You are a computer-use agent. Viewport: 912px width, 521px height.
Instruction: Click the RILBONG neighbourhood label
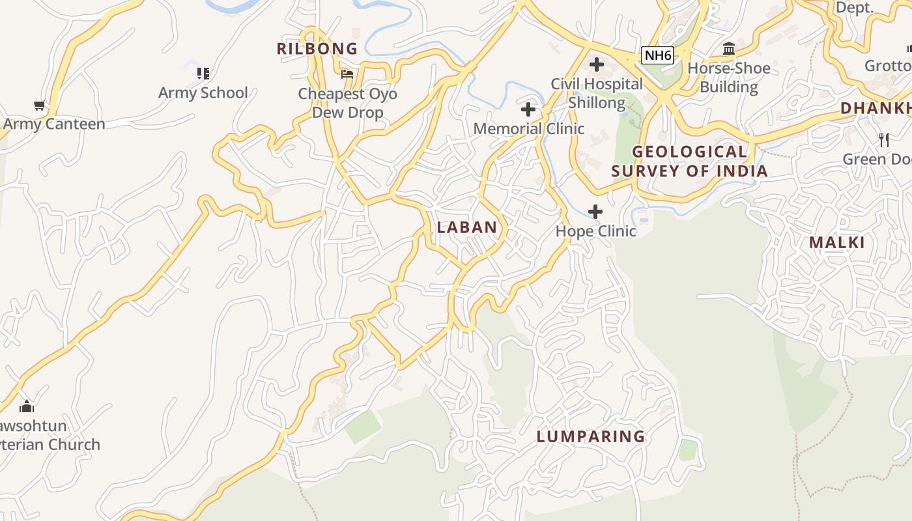click(x=317, y=49)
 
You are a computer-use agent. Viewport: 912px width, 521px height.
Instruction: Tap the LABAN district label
click(x=467, y=227)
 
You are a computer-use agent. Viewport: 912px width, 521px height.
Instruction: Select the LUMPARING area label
click(x=591, y=436)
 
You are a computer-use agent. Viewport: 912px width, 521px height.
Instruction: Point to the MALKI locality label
click(x=837, y=243)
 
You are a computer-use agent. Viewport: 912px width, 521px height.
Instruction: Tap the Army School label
click(x=203, y=92)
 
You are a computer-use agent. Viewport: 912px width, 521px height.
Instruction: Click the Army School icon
click(x=203, y=74)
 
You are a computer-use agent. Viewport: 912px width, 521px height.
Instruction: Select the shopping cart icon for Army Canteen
click(x=39, y=105)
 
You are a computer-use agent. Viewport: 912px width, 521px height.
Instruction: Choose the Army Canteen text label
click(x=54, y=124)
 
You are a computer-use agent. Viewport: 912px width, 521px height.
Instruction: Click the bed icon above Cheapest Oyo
click(x=347, y=74)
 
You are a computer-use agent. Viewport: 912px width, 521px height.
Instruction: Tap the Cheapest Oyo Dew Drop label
click(x=347, y=103)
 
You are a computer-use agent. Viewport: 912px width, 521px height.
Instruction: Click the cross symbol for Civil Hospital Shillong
click(x=596, y=64)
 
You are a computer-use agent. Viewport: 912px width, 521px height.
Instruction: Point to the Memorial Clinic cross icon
click(x=528, y=109)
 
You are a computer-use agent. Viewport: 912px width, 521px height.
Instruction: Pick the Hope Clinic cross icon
click(x=595, y=212)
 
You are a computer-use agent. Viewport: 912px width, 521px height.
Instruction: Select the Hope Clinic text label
click(x=595, y=231)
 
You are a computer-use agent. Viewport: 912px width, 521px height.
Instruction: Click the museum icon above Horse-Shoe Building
click(x=729, y=49)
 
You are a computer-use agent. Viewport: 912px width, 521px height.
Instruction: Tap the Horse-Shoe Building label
click(x=729, y=77)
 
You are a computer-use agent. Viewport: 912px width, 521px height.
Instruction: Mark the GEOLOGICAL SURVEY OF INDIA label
click(x=690, y=161)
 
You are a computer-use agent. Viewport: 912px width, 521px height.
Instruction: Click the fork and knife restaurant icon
click(x=883, y=139)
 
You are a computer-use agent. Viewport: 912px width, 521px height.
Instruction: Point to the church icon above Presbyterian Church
click(x=27, y=406)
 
